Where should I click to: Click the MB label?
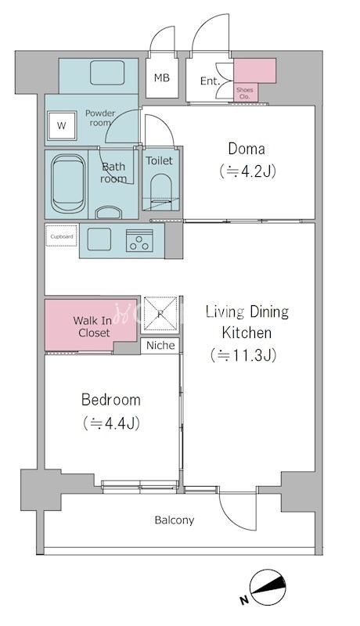(162, 77)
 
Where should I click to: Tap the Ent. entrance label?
(210, 81)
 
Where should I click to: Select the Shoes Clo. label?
(244, 93)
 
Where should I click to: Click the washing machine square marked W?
(62, 125)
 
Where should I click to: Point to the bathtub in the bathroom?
(69, 184)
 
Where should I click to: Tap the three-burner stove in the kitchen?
(139, 240)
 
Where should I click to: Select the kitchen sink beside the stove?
(99, 239)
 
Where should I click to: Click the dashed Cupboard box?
(61, 236)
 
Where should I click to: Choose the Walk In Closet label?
(93, 326)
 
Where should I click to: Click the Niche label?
(160, 345)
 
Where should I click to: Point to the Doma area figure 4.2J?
(247, 171)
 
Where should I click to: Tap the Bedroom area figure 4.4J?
(111, 423)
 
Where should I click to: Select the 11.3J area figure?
(243, 355)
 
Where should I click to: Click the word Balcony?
(175, 520)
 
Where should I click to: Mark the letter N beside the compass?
(244, 599)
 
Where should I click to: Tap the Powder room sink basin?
(107, 73)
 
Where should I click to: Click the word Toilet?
(159, 161)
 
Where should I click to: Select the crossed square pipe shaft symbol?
(160, 314)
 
